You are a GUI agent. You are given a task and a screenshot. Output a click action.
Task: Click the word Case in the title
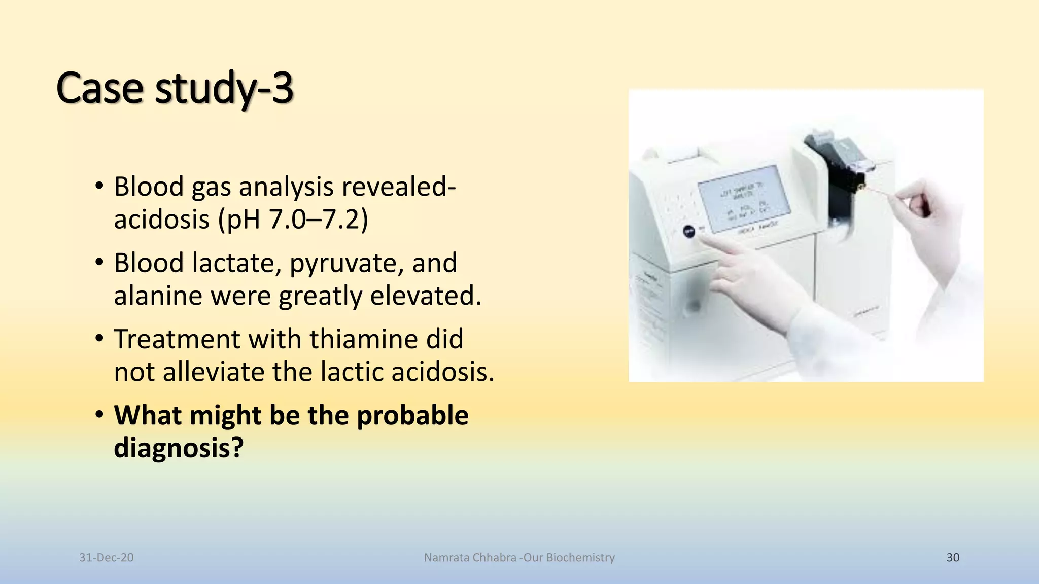pos(99,88)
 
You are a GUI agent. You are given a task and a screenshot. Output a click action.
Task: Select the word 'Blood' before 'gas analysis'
pos(149,187)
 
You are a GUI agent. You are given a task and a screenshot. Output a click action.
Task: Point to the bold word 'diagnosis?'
pos(179,448)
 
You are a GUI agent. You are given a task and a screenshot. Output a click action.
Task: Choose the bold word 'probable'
pos(412,415)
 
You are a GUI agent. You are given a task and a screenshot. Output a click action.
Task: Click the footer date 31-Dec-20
pos(107,558)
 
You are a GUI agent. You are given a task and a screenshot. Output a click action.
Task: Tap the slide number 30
pos(953,558)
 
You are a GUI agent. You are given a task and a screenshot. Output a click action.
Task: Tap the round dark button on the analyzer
pos(688,232)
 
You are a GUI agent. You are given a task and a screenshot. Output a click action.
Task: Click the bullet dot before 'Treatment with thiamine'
pos(99,338)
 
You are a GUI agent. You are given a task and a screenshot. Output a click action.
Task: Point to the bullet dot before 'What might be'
pos(99,415)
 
